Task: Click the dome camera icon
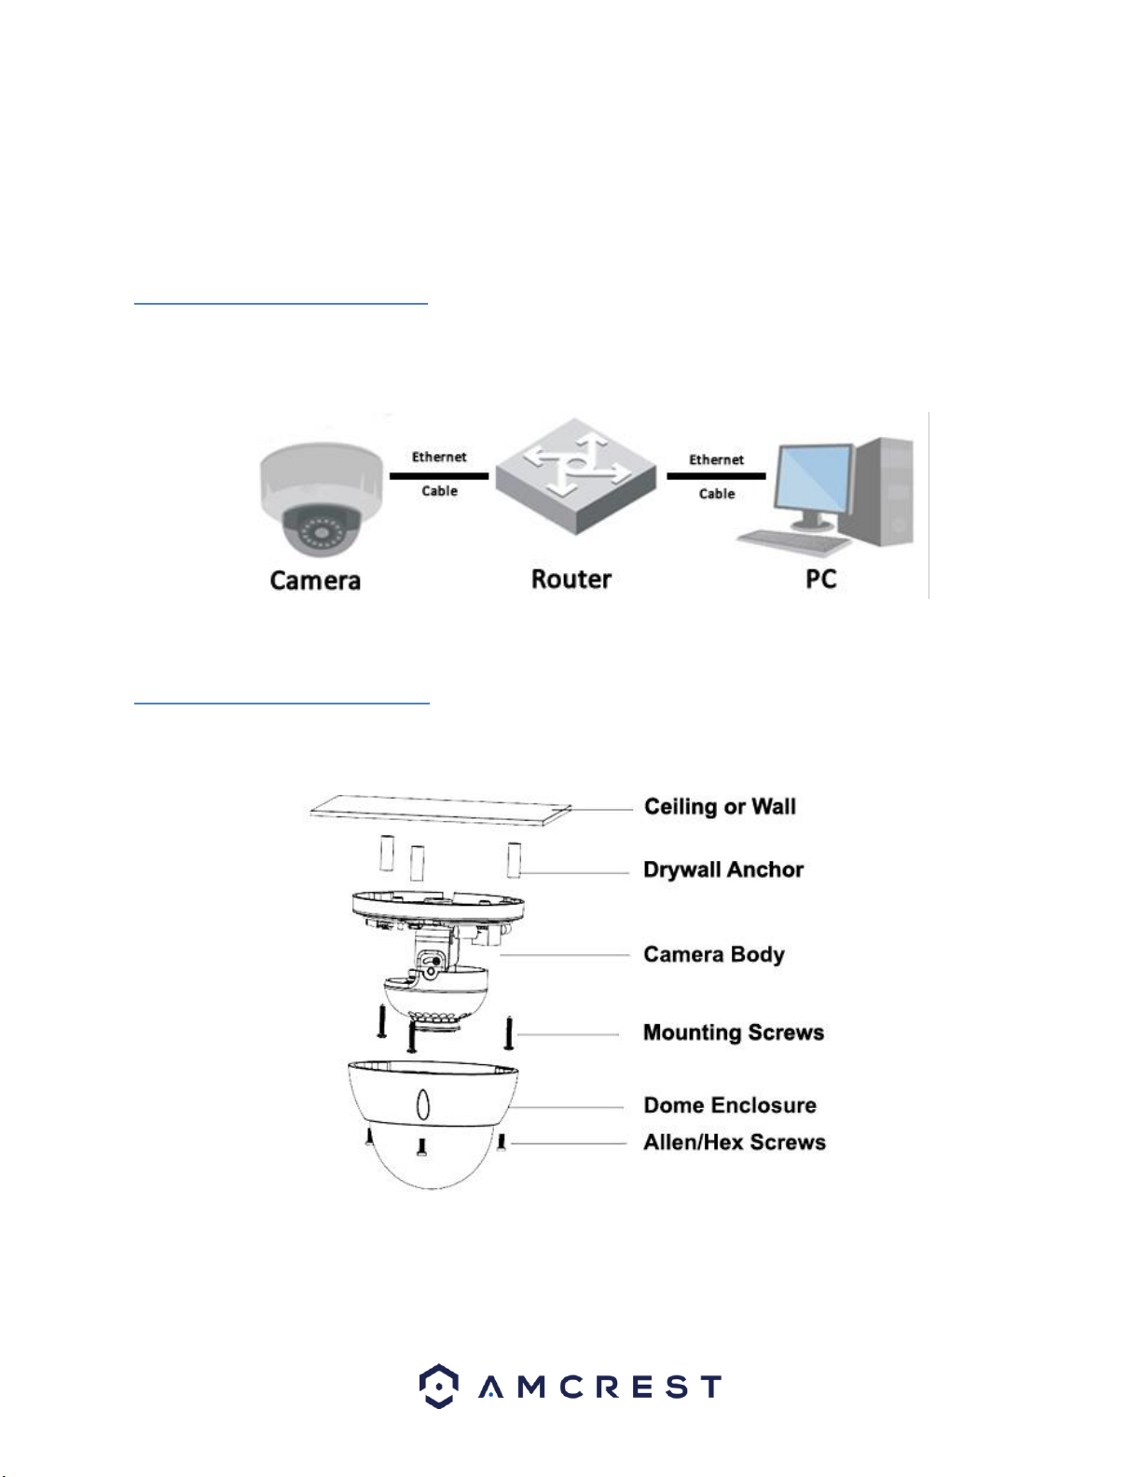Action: [x=321, y=499]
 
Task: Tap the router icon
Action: [x=576, y=476]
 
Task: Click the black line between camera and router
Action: [x=439, y=476]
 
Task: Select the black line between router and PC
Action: [x=717, y=476]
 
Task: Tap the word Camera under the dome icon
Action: [x=315, y=581]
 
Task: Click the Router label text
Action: [x=571, y=579]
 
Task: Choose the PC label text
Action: [x=821, y=579]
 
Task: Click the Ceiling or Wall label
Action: [x=720, y=806]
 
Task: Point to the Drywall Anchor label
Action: [x=723, y=869]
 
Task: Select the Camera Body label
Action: [x=714, y=954]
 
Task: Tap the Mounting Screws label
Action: [x=734, y=1032]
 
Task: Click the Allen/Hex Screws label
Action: [x=735, y=1142]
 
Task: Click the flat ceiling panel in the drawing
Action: [x=440, y=810]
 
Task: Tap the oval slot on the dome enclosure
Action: [x=423, y=1104]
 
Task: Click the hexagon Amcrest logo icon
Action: [x=438, y=1386]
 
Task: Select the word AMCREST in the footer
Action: [x=599, y=1387]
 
